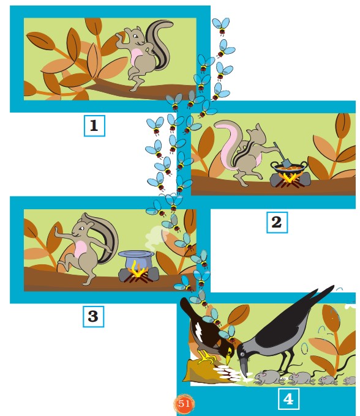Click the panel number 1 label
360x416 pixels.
point(94,126)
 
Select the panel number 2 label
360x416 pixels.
point(277,222)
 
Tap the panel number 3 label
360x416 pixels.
point(93,316)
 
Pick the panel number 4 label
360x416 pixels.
point(288,398)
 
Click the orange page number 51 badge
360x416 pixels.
point(184,404)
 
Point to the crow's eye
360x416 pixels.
point(242,354)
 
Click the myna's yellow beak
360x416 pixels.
point(228,358)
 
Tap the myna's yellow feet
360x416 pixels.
point(206,358)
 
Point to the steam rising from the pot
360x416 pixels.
point(156,236)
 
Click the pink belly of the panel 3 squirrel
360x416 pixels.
point(81,250)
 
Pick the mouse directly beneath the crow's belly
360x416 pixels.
point(268,377)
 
